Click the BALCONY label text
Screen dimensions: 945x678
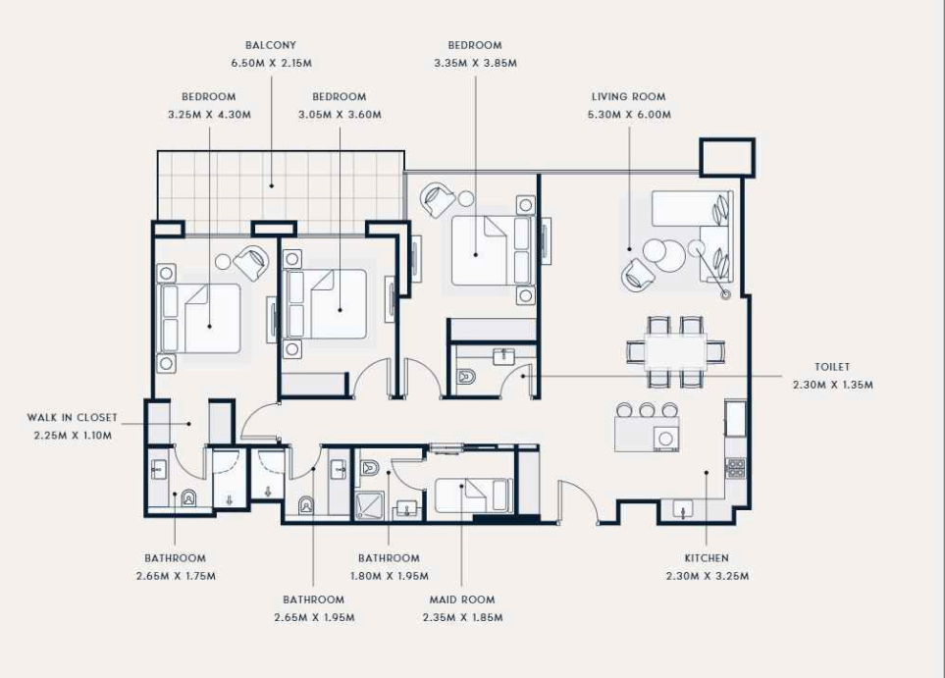(x=271, y=45)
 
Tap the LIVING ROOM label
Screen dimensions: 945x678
(x=629, y=97)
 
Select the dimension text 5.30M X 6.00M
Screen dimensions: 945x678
(x=629, y=115)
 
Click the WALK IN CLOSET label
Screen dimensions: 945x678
(x=73, y=418)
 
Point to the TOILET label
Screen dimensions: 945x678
(x=832, y=367)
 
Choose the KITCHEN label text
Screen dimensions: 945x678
(x=707, y=558)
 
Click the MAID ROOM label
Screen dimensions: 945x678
(x=462, y=600)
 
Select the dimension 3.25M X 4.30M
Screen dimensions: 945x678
(x=209, y=115)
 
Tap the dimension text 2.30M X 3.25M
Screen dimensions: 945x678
(x=708, y=576)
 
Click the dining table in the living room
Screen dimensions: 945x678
(x=675, y=351)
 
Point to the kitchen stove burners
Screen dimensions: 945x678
(x=735, y=468)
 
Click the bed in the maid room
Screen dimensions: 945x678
(x=474, y=496)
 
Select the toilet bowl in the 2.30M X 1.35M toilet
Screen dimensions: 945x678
(x=466, y=378)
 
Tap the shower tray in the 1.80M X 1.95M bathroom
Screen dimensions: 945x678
(x=368, y=506)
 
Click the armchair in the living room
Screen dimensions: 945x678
(x=637, y=274)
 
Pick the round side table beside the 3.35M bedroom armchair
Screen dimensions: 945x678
(x=466, y=198)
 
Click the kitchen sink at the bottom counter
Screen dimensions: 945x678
(x=683, y=509)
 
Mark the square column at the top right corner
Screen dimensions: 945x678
(x=727, y=158)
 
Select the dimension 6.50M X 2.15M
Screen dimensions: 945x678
(x=271, y=63)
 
